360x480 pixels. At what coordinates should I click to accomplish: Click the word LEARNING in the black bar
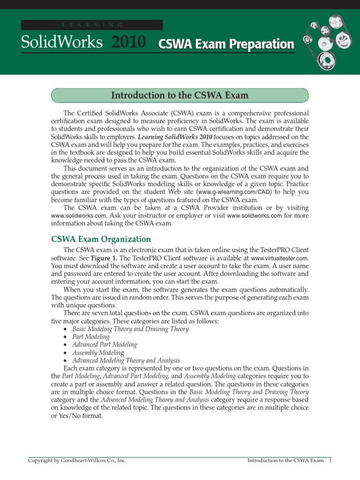point(92,24)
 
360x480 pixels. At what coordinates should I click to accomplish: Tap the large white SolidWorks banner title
point(61,43)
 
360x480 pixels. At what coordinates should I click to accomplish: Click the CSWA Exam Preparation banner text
point(226,44)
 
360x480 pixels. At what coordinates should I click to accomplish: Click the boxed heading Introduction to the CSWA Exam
point(180,96)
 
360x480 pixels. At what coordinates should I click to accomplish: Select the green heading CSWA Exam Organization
point(101,239)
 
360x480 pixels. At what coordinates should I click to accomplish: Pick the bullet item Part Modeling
point(91,337)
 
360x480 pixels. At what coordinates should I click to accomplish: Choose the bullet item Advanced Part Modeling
point(105,345)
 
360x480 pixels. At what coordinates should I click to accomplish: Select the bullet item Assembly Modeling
point(98,352)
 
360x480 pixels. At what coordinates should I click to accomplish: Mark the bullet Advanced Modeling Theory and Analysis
point(126,360)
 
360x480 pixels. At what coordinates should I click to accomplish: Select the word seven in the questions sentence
point(97,313)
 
